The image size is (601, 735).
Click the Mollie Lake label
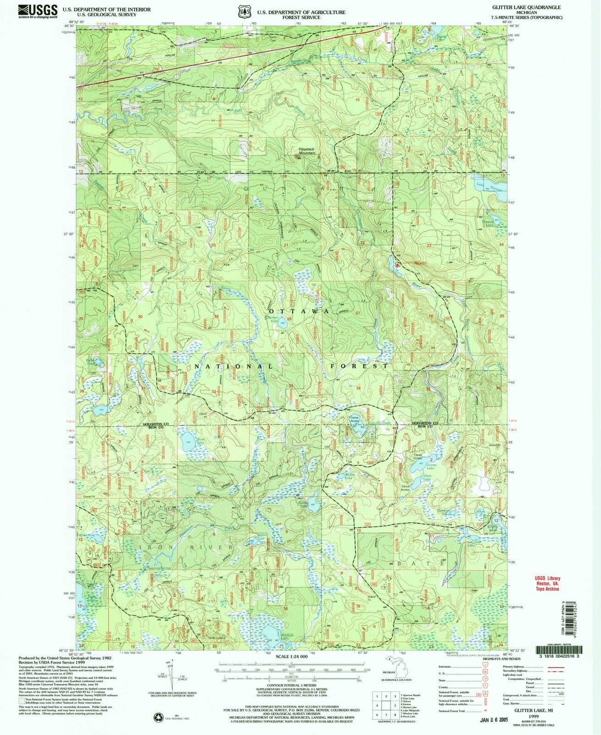pyautogui.click(x=351, y=475)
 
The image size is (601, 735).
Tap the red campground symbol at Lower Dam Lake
pyautogui.click(x=397, y=265)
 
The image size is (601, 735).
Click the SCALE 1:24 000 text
pyautogui.click(x=292, y=657)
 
